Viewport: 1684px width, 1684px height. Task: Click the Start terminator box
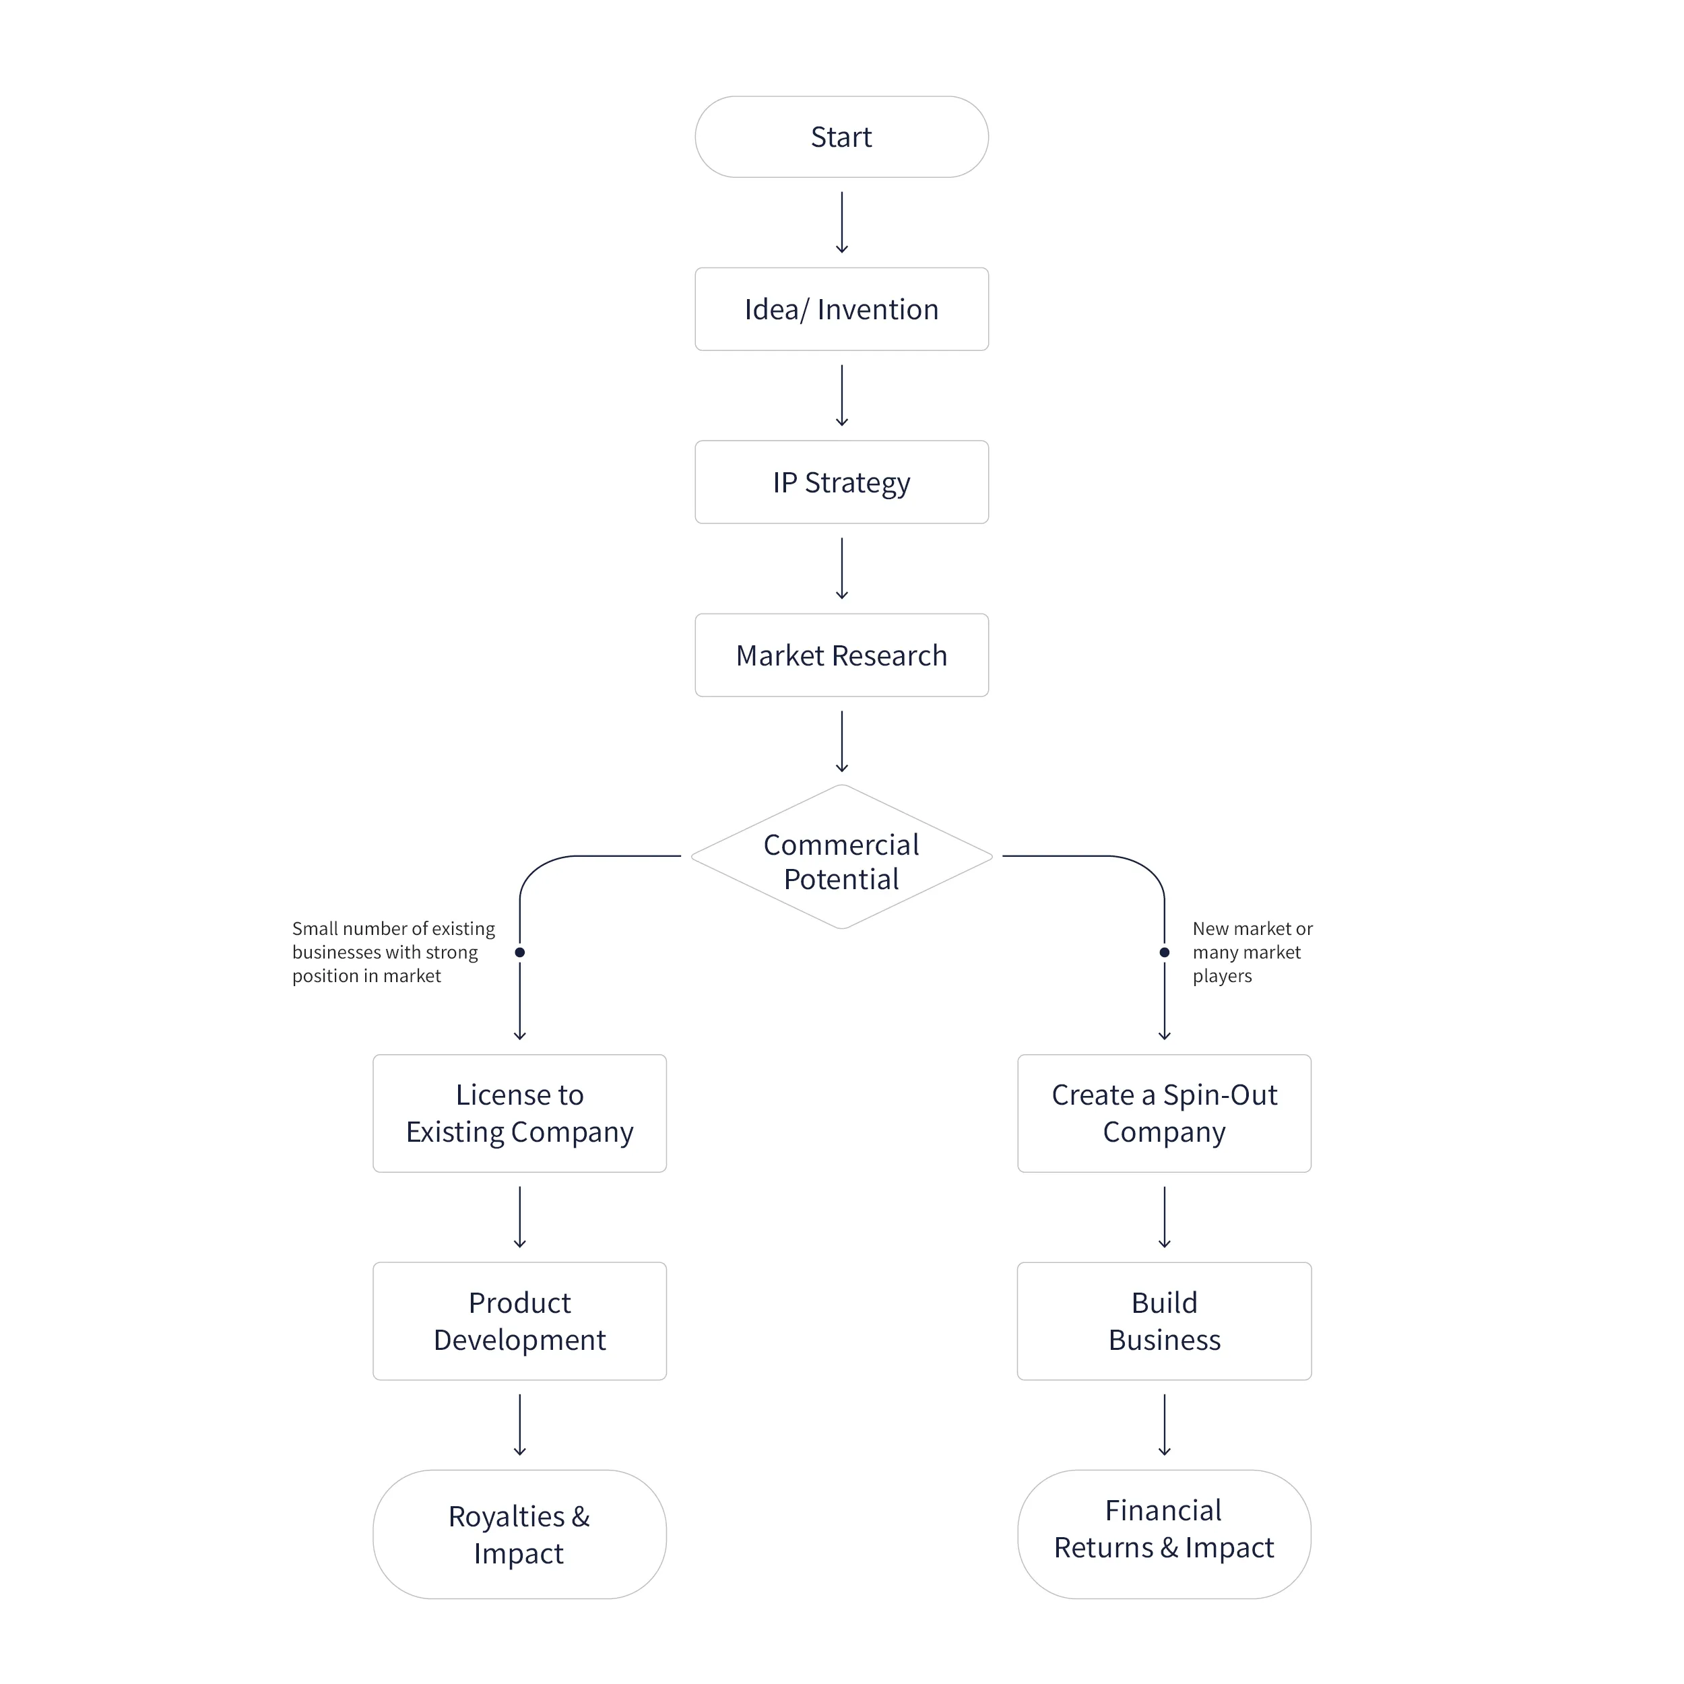[x=841, y=137]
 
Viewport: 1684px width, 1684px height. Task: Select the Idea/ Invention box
[x=841, y=309]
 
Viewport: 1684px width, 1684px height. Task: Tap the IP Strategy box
[x=841, y=482]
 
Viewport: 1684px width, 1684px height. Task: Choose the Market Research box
[x=841, y=655]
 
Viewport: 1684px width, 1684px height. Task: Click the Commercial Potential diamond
[x=841, y=861]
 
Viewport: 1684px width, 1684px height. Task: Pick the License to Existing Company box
[x=519, y=1113]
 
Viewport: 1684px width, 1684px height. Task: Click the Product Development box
[x=519, y=1320]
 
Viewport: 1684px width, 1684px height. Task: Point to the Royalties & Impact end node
[x=519, y=1534]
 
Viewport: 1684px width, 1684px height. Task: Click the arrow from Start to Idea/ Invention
[x=841, y=223]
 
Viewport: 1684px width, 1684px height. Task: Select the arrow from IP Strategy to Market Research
[x=841, y=569]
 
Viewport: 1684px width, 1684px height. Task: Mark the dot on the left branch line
[x=519, y=952]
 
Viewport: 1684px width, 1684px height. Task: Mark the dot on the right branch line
[x=1165, y=952]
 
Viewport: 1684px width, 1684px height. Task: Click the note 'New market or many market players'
[x=1252, y=952]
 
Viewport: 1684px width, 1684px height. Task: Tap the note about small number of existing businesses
[x=393, y=952]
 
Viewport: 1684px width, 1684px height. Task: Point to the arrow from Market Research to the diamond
[x=841, y=742]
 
